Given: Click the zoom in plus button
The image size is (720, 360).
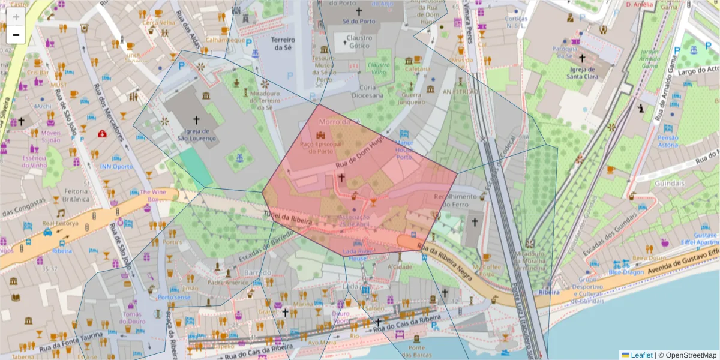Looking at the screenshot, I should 16,17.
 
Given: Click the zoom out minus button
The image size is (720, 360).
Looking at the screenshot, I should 16,35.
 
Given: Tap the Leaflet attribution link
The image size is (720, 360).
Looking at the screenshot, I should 641,355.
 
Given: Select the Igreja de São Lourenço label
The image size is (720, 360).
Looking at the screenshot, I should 197,134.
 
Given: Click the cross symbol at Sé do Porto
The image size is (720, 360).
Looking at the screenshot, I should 359,11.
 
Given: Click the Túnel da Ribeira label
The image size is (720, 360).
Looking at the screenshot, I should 288,218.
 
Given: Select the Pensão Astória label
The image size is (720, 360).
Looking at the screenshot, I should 668,142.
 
